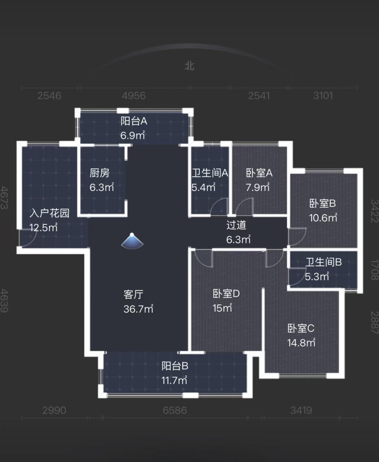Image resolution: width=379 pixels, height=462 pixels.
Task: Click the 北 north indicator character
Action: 189,66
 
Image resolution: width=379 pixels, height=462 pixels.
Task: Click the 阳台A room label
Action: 134,121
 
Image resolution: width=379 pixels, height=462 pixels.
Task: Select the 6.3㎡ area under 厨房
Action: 102,187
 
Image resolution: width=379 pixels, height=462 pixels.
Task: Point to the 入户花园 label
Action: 50,213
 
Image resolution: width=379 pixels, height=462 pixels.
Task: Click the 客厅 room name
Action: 133,295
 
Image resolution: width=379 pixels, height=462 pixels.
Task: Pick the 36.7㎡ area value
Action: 138,309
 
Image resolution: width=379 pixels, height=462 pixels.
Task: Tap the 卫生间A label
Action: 210,173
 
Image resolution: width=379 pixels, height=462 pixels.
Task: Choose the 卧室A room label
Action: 259,173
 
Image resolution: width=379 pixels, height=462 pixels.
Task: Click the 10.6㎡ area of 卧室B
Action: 323,218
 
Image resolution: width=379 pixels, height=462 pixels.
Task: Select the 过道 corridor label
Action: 236,225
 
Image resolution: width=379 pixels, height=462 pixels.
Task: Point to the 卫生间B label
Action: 323,262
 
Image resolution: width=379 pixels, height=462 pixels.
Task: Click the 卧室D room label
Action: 226,294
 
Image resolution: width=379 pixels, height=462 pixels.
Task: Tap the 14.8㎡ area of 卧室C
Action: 301,343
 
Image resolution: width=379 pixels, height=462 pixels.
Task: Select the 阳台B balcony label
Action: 175,366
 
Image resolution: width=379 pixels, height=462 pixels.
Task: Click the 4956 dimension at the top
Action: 133,96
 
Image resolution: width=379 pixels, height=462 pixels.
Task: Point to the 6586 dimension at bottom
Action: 175,410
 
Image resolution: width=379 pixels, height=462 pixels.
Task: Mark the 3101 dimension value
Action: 323,96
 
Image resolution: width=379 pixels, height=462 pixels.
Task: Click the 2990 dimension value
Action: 54,410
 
